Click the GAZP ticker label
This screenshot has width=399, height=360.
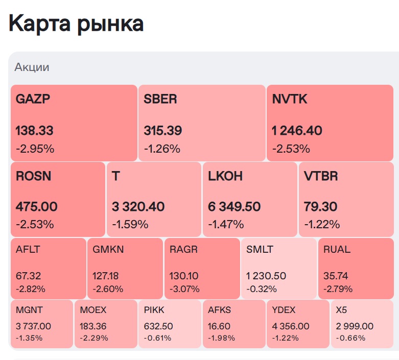(x=34, y=99)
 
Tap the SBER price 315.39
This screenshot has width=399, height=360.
(x=163, y=131)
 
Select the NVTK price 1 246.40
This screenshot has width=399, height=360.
(x=297, y=131)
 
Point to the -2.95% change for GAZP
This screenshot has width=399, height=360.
(x=35, y=149)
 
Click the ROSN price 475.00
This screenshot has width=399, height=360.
(x=37, y=207)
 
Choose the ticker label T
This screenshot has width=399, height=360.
(x=115, y=176)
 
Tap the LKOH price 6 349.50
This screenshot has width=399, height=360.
(x=234, y=207)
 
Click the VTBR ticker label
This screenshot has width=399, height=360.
(x=321, y=176)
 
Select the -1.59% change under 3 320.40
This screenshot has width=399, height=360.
(x=130, y=224)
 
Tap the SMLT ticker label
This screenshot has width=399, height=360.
(x=260, y=250)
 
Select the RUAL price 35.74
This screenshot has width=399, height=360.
(x=336, y=276)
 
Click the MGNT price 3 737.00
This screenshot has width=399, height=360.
(x=34, y=326)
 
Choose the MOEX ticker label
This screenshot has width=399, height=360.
(x=93, y=310)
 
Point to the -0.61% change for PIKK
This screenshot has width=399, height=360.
(x=157, y=338)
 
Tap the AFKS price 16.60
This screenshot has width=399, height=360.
(x=219, y=326)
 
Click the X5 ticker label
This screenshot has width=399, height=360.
(x=341, y=310)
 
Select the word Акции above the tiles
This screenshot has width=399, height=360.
(x=32, y=67)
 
